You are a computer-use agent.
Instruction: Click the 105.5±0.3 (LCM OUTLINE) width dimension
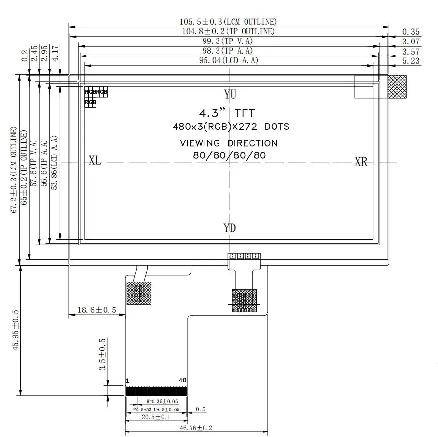click(228, 22)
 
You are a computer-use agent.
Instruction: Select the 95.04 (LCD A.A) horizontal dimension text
click(229, 60)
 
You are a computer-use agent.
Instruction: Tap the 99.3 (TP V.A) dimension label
click(228, 41)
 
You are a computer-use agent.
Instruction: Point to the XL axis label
click(95, 160)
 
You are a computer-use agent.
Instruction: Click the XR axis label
click(361, 162)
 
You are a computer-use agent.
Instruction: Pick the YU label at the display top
click(230, 94)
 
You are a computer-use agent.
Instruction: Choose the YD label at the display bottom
click(230, 228)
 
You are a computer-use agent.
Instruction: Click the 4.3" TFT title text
click(227, 113)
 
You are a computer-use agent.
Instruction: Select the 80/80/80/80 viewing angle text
click(229, 155)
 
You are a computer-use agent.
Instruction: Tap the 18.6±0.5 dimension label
click(96, 310)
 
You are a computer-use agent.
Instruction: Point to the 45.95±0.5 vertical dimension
click(15, 330)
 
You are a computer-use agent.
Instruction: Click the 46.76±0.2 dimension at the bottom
click(196, 428)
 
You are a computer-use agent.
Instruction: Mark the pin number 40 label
click(182, 380)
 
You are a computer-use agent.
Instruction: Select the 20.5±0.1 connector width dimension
click(156, 417)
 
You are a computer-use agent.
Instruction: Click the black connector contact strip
click(156, 391)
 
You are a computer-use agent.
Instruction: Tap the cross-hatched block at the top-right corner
click(397, 86)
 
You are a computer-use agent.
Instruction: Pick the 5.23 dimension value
click(411, 61)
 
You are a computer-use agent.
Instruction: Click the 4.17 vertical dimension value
click(55, 54)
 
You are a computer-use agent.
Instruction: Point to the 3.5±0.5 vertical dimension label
click(103, 354)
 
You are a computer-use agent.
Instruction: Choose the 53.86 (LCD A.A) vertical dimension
click(54, 163)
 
